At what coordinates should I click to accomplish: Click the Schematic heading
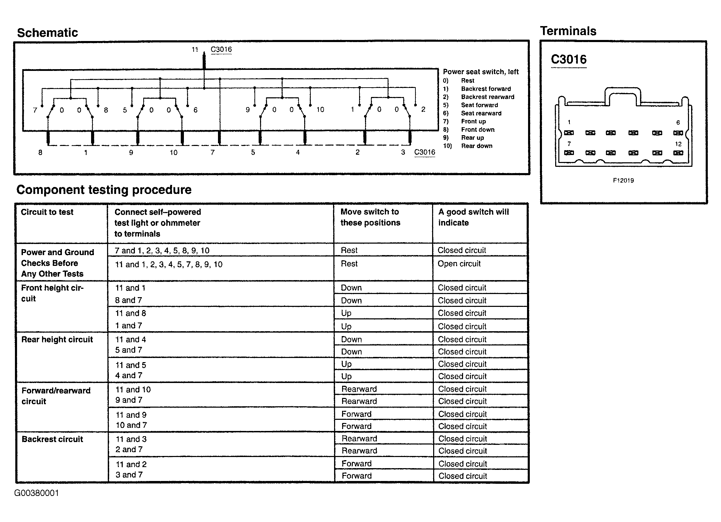tap(47, 33)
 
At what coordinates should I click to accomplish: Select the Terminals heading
tap(568, 31)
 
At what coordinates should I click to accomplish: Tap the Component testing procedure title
tap(104, 190)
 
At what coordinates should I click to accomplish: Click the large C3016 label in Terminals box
tap(569, 59)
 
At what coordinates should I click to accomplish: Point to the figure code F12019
tap(623, 180)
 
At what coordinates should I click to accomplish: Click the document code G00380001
tap(37, 493)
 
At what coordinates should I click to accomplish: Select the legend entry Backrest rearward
tap(487, 97)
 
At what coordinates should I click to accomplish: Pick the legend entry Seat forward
tap(479, 105)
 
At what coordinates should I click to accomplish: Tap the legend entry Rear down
tap(477, 146)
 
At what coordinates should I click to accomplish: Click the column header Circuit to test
tap(47, 212)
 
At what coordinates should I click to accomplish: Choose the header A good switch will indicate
tap(473, 217)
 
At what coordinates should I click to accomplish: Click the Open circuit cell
tap(459, 264)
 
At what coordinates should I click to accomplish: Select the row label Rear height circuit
tap(57, 340)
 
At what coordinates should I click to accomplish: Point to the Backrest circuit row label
tap(52, 439)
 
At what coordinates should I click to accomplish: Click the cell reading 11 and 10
tap(133, 390)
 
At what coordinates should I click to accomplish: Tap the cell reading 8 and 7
tap(129, 300)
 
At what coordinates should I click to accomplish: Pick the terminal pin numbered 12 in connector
tap(678, 153)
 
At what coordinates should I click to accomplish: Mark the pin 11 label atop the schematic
tap(195, 50)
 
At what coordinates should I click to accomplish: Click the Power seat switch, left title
tap(480, 72)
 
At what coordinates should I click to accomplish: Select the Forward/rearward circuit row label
tap(56, 396)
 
